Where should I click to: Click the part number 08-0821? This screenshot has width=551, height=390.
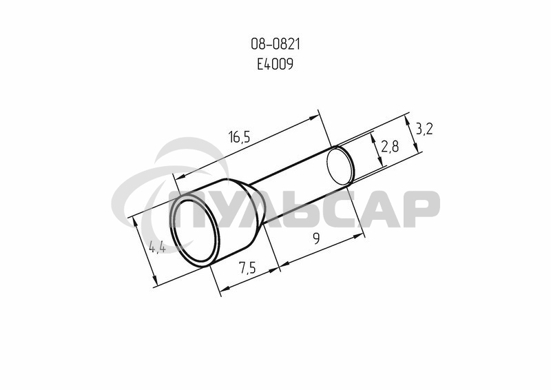[275, 44]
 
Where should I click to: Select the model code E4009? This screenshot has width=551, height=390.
[275, 64]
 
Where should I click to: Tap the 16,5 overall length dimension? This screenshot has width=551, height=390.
[239, 136]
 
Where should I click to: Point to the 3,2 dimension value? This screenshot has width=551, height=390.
[424, 129]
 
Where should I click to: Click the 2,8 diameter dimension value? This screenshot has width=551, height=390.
[390, 146]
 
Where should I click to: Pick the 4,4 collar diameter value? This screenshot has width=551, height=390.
[157, 247]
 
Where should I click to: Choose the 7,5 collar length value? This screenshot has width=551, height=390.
[247, 268]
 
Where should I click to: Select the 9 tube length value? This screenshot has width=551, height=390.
[317, 239]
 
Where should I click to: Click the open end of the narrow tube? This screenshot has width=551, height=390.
[340, 166]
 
